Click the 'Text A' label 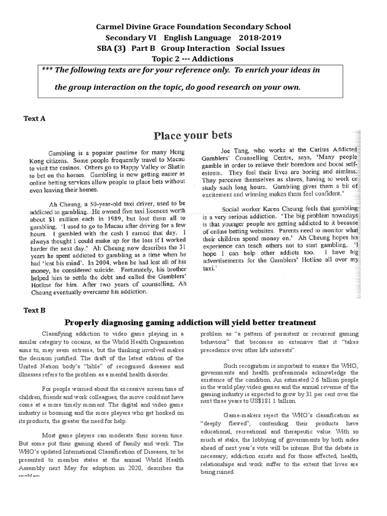coord(35,118)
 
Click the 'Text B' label coord(35,310)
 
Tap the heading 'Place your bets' coord(193,135)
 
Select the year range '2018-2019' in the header coord(260,38)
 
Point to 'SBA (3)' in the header coord(111,48)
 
